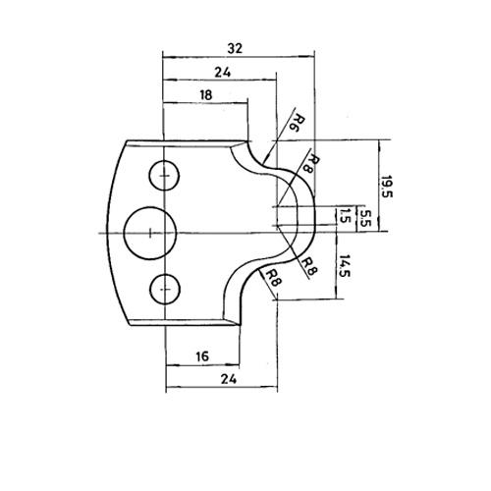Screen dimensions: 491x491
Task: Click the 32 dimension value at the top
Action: tap(235, 48)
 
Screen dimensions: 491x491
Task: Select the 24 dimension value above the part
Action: tap(223, 72)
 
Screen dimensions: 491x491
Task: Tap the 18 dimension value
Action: tap(206, 95)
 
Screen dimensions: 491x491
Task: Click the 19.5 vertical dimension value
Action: tap(386, 187)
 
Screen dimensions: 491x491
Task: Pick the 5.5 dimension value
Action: tap(365, 218)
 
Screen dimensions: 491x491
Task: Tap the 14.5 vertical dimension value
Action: tap(344, 266)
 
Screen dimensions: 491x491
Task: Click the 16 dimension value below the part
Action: tap(203, 356)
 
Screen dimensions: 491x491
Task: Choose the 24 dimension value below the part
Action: tap(229, 379)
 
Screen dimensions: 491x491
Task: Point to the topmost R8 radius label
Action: tap(310, 164)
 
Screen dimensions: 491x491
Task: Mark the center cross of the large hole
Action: tap(150, 233)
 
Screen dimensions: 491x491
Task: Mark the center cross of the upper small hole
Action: tap(164, 176)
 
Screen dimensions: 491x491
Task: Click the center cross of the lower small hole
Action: tap(166, 290)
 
